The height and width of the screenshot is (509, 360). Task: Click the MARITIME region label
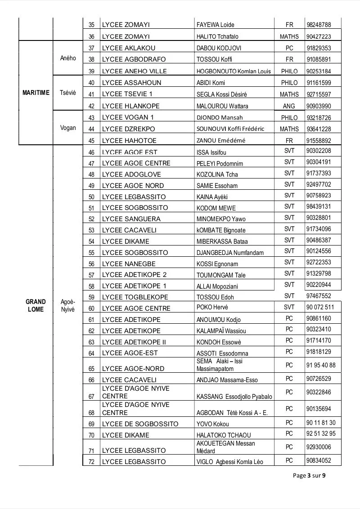tap(36, 93)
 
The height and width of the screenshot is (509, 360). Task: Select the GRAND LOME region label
tap(36, 305)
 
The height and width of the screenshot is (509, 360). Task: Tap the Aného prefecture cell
tap(68, 58)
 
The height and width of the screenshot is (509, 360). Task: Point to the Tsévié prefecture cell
tap(68, 93)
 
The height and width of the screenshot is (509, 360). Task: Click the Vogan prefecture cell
tap(68, 128)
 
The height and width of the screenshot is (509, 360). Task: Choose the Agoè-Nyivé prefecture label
tap(68, 305)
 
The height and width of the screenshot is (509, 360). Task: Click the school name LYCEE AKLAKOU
tap(128, 48)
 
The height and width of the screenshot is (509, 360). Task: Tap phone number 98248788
tap(319, 25)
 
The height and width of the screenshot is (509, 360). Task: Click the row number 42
tap(91, 107)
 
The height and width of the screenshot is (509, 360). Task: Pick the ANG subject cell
tap(289, 106)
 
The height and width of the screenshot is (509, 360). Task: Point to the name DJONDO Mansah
tap(220, 118)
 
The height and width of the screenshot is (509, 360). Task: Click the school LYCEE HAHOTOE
tap(129, 140)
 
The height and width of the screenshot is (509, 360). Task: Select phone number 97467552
tap(319, 296)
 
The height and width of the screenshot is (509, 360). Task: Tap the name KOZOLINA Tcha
tap(217, 174)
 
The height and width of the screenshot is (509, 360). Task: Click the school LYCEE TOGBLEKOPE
tap(135, 297)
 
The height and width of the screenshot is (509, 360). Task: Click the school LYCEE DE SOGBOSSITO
tap(140, 424)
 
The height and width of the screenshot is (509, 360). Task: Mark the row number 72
tap(91, 462)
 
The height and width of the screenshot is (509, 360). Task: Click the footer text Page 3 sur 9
tap(309, 476)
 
